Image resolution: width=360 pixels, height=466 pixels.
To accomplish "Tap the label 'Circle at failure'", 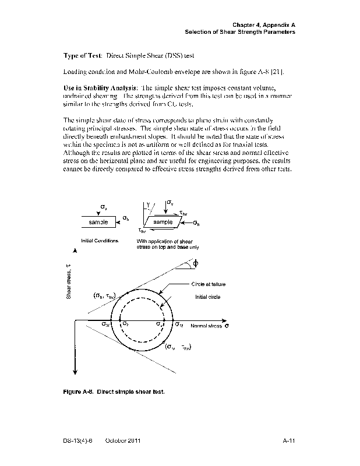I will [208, 284].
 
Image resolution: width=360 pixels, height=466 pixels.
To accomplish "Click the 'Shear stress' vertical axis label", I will [68, 281].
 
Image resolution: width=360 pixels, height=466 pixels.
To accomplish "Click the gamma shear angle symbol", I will [148, 204].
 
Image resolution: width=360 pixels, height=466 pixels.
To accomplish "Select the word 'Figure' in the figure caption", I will [73, 392].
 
